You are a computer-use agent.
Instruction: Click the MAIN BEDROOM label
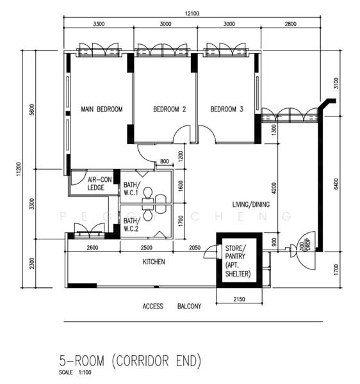[x=102, y=109]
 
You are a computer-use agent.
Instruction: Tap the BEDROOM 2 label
[x=170, y=109]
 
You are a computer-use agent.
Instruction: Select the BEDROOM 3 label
[x=227, y=109]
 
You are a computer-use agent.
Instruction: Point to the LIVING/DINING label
[x=251, y=205]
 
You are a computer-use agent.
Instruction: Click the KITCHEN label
[x=154, y=262]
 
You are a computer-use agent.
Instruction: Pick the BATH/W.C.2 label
[x=132, y=225]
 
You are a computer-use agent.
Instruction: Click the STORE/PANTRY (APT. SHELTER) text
[x=238, y=261]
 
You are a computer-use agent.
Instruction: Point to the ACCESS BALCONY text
[x=172, y=306]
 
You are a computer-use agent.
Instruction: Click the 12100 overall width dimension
[x=192, y=13]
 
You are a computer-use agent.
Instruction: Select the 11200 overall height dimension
[x=19, y=169]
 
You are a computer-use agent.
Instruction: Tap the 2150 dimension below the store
[x=239, y=300]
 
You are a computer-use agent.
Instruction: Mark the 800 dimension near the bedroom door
[x=165, y=161]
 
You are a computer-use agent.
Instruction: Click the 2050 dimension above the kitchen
[x=195, y=248]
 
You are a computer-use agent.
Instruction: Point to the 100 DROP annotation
[x=305, y=244]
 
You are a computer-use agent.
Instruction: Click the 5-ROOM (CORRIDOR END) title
[x=130, y=361]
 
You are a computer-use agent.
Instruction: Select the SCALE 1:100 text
[x=75, y=372]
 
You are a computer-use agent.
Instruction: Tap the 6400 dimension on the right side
[x=336, y=184]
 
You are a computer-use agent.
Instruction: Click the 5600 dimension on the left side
[x=32, y=109]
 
